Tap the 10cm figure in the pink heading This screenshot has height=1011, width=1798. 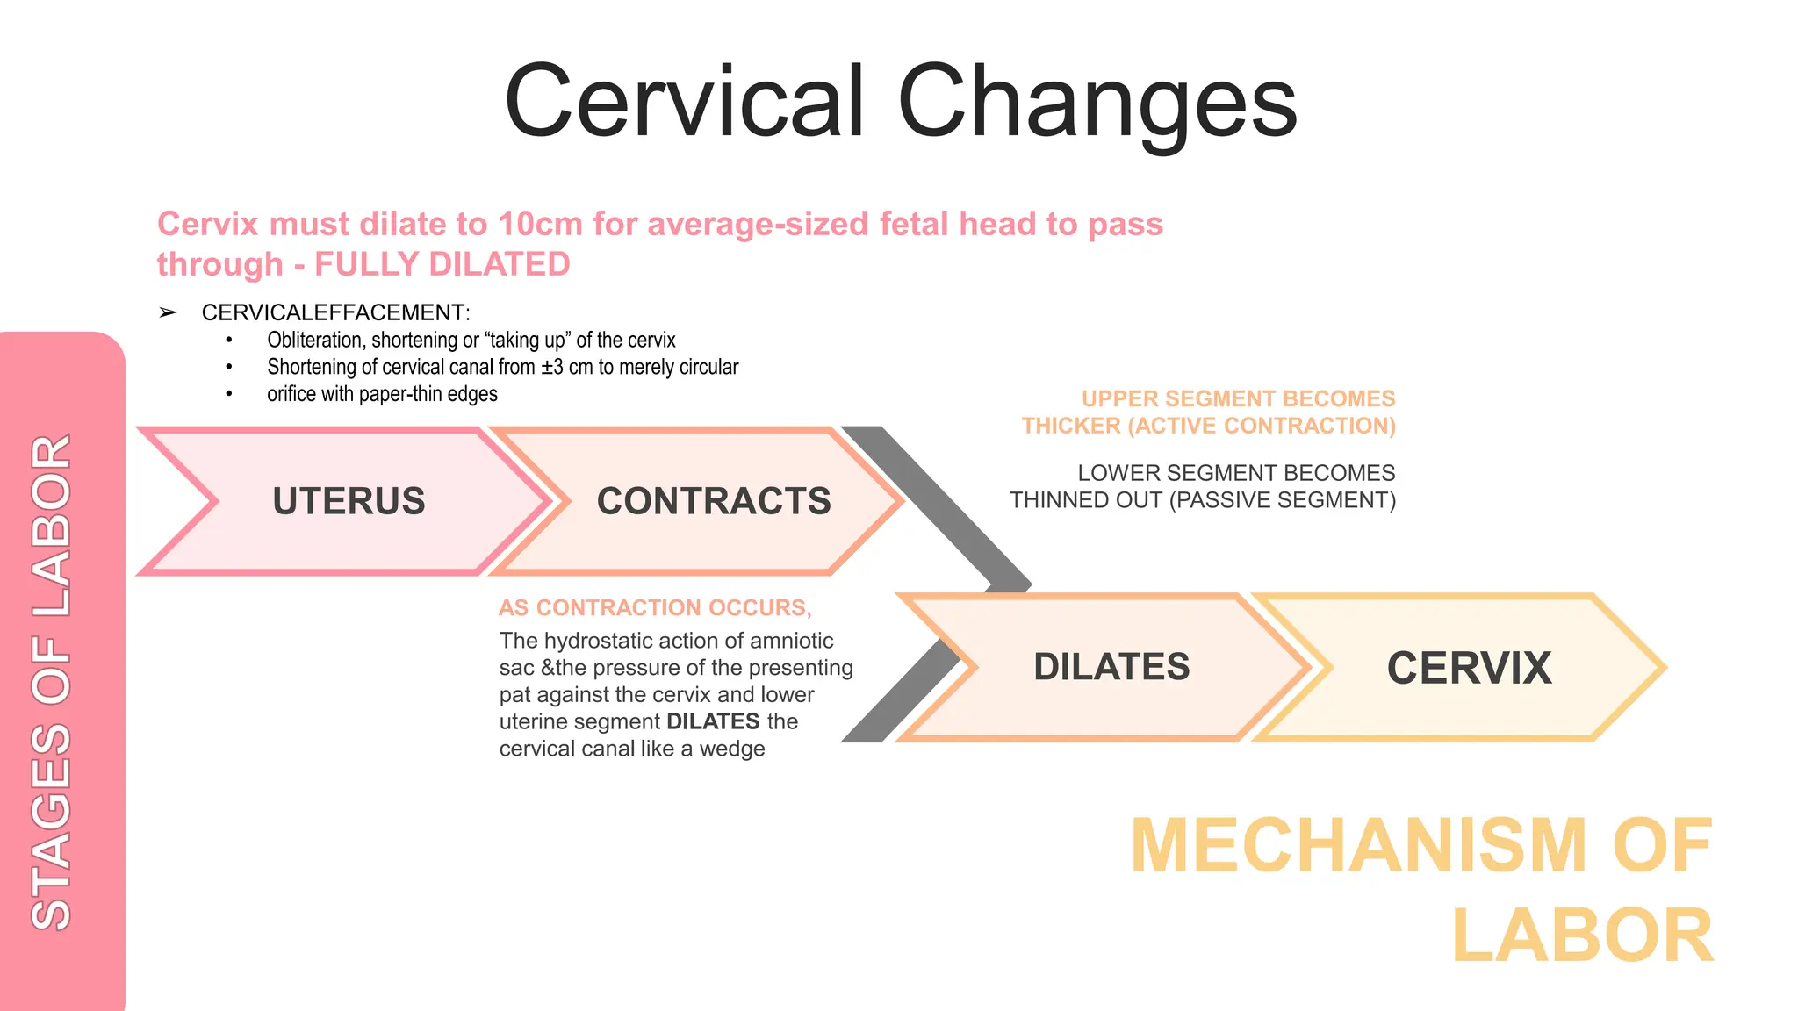point(540,225)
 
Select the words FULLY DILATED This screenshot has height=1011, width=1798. point(442,265)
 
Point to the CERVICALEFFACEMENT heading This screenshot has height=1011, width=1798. point(335,312)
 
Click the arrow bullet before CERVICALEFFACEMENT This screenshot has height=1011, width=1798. point(168,312)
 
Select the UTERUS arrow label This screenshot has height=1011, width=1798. point(349,501)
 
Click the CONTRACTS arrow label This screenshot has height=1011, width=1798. point(714,501)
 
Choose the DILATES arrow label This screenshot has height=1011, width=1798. point(1111,667)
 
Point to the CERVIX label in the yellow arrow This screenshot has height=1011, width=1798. point(1469,668)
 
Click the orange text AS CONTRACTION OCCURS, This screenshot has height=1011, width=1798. point(655,607)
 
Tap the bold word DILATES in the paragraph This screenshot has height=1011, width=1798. point(713,721)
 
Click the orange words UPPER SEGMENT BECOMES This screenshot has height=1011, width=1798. point(1238,399)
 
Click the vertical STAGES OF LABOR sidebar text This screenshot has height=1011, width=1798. point(51,682)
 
